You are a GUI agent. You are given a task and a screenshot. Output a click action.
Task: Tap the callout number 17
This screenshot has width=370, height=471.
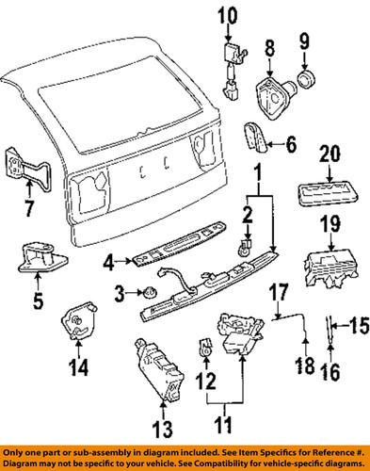tap(280, 291)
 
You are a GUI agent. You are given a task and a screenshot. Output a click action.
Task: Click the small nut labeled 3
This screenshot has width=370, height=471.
tap(149, 294)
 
